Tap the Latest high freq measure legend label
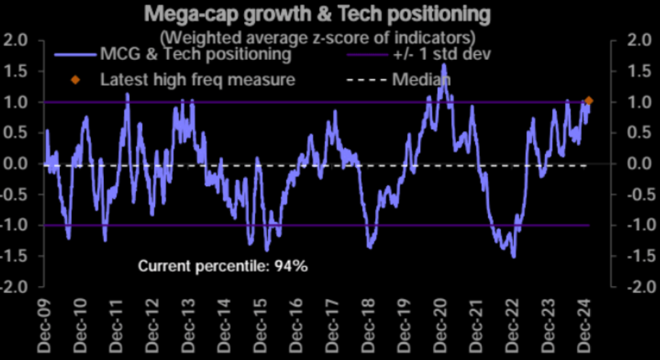coord(197,79)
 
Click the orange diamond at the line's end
coord(589,101)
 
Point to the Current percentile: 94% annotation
coord(223,266)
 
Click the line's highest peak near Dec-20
coord(444,65)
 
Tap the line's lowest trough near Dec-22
coord(514,257)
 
